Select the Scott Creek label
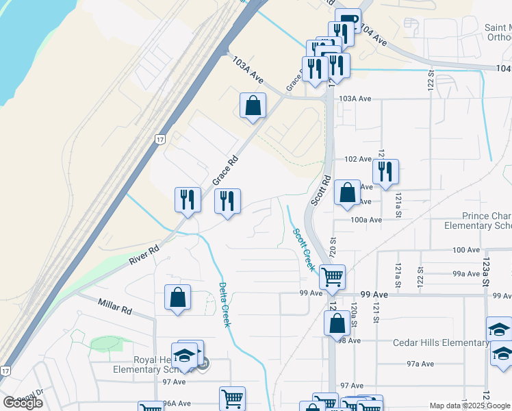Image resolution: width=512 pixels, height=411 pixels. point(303,249)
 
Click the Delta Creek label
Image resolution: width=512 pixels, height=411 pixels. point(223,305)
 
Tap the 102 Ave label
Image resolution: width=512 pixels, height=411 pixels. point(357,159)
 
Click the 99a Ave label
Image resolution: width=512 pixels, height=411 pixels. point(466,273)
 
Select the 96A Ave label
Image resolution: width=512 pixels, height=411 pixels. point(177,404)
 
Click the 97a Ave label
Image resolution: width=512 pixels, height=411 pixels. point(420,364)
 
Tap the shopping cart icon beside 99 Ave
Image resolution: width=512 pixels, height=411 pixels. point(332,277)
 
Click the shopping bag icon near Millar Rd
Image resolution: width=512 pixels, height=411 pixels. point(177,297)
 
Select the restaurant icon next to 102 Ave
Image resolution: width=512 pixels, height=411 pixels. point(385,171)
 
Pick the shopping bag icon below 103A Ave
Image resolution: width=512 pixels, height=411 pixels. point(253,105)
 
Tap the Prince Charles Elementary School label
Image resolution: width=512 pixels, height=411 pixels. point(477,221)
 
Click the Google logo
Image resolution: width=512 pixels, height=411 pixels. point(23,403)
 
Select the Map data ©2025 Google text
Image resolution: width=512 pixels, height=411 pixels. point(470,406)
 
